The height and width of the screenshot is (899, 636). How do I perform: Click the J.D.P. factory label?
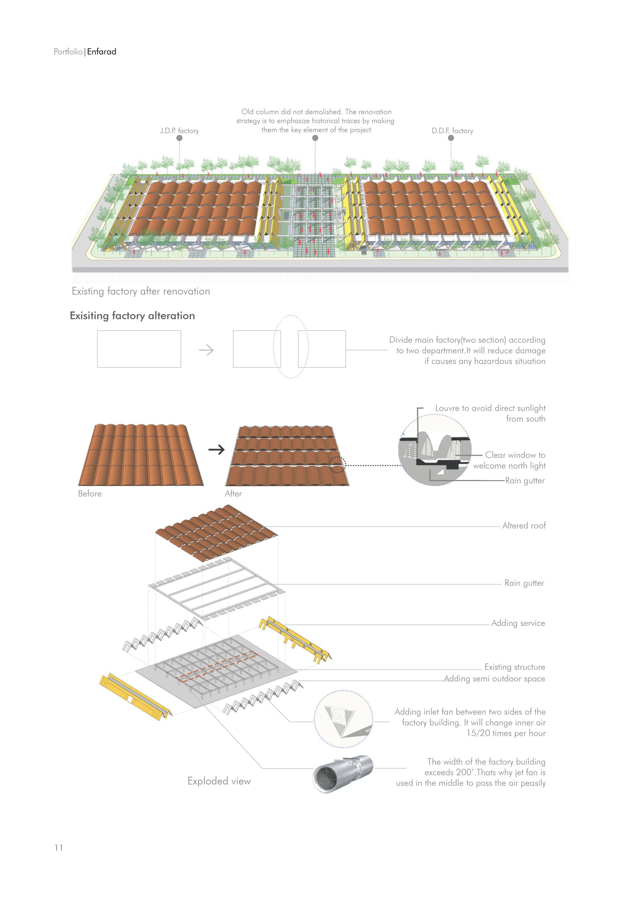(x=179, y=131)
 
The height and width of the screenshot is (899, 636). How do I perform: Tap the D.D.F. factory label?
(x=452, y=131)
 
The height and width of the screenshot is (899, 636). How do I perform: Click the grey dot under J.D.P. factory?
(x=179, y=138)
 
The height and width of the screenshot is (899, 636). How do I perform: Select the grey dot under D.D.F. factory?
(x=451, y=138)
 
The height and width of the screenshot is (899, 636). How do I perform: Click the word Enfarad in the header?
(x=101, y=52)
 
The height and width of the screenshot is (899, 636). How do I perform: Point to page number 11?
(x=59, y=848)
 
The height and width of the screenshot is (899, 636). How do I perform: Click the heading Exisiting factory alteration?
(x=132, y=316)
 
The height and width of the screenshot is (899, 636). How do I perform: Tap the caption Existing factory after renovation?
(x=141, y=291)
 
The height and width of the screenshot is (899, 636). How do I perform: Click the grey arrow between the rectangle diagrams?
(x=206, y=350)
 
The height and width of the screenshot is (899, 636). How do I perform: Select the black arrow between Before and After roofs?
(x=216, y=449)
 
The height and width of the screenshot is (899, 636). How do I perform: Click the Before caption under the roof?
(x=90, y=494)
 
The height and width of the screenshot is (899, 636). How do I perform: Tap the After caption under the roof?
(x=233, y=494)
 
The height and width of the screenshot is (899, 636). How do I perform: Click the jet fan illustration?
(x=343, y=775)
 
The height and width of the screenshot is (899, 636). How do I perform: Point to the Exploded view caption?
(x=219, y=781)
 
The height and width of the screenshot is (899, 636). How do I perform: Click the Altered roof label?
(x=524, y=525)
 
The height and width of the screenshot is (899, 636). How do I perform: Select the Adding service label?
(x=518, y=623)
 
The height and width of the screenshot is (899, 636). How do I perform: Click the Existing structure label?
(x=515, y=667)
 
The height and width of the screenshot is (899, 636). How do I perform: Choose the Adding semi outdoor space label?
(x=494, y=679)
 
